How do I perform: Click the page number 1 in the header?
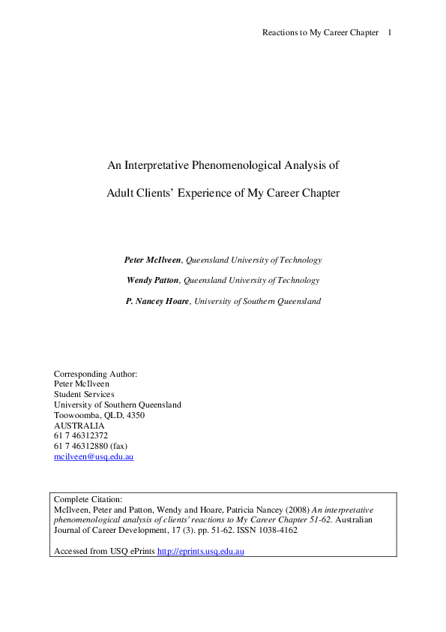[x=390, y=32]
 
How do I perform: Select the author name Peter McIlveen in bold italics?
[x=152, y=260]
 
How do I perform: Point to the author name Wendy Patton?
[x=154, y=280]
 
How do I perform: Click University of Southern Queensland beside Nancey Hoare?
[x=257, y=301]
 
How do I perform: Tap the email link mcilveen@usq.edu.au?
[x=94, y=456]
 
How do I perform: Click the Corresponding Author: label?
[x=95, y=373]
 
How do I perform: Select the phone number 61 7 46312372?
[x=81, y=435]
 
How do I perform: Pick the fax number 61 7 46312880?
[x=81, y=446]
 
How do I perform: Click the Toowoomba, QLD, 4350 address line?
[x=99, y=415]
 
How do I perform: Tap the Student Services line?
[x=84, y=394]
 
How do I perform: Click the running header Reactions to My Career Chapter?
[x=320, y=32]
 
